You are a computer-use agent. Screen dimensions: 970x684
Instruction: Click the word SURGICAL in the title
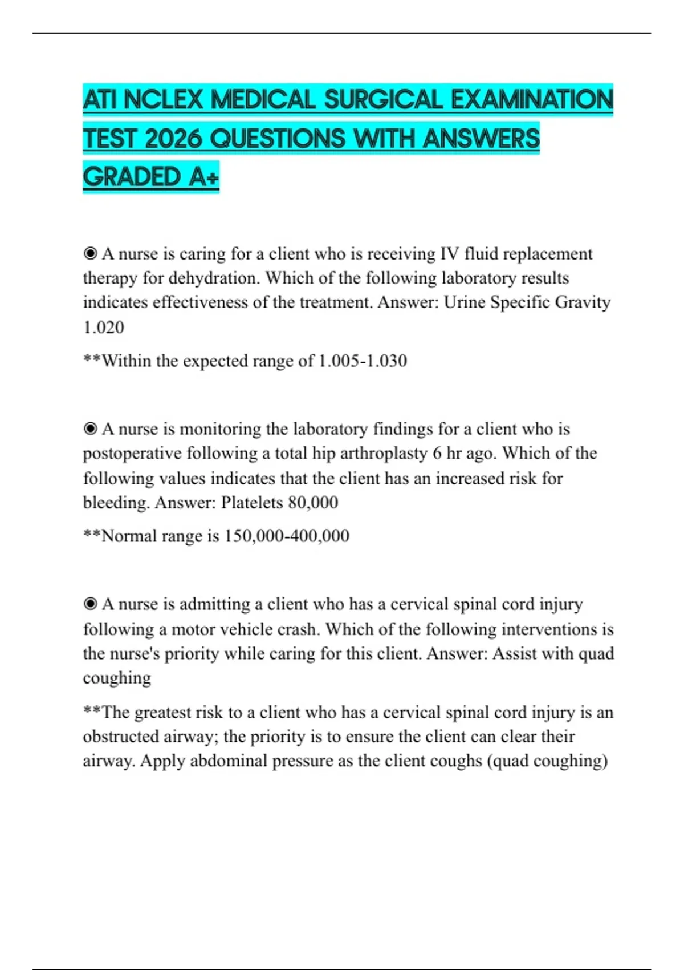(x=383, y=100)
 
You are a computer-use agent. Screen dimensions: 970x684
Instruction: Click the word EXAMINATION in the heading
(x=532, y=100)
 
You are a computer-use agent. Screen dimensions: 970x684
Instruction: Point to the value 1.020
(x=103, y=328)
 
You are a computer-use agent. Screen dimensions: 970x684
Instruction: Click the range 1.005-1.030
(x=363, y=361)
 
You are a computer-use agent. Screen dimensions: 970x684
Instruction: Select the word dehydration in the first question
(x=212, y=278)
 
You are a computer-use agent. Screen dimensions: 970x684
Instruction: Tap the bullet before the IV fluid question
(x=90, y=253)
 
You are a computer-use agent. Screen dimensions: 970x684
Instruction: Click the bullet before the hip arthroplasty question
(x=90, y=429)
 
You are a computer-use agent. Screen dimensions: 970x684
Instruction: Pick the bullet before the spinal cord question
(x=90, y=604)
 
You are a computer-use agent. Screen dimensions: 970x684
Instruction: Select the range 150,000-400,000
(x=287, y=536)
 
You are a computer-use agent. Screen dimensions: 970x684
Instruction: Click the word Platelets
(x=252, y=503)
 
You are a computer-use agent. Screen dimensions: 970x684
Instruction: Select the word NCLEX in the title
(x=163, y=100)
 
